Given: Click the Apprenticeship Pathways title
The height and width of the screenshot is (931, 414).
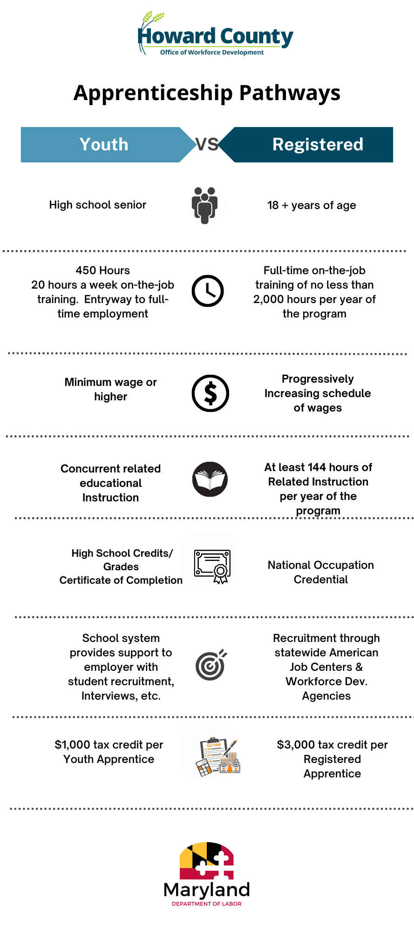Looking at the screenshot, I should coord(207,93).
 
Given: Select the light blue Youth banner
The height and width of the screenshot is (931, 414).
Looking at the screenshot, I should coord(104,144).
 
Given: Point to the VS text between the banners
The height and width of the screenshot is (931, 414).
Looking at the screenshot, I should coord(207,144).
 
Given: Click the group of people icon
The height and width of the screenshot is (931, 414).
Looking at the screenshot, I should coord(205,205).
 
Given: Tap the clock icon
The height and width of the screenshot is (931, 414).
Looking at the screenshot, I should coord(208,291).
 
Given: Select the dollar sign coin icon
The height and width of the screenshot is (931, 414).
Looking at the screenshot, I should coord(210,393).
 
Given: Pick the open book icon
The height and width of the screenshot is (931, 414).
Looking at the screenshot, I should coord(210,479).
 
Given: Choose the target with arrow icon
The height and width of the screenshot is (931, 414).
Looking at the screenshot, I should coord(211,665).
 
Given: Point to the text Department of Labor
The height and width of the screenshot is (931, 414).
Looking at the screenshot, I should coord(207,904).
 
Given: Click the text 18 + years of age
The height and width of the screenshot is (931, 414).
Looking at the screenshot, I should coord(312,205).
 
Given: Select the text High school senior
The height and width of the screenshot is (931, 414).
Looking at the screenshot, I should coord(98,205).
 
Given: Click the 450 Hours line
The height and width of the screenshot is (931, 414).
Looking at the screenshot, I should coord(103,270).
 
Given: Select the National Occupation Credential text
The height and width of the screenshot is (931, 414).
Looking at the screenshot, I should coord(321,572).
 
